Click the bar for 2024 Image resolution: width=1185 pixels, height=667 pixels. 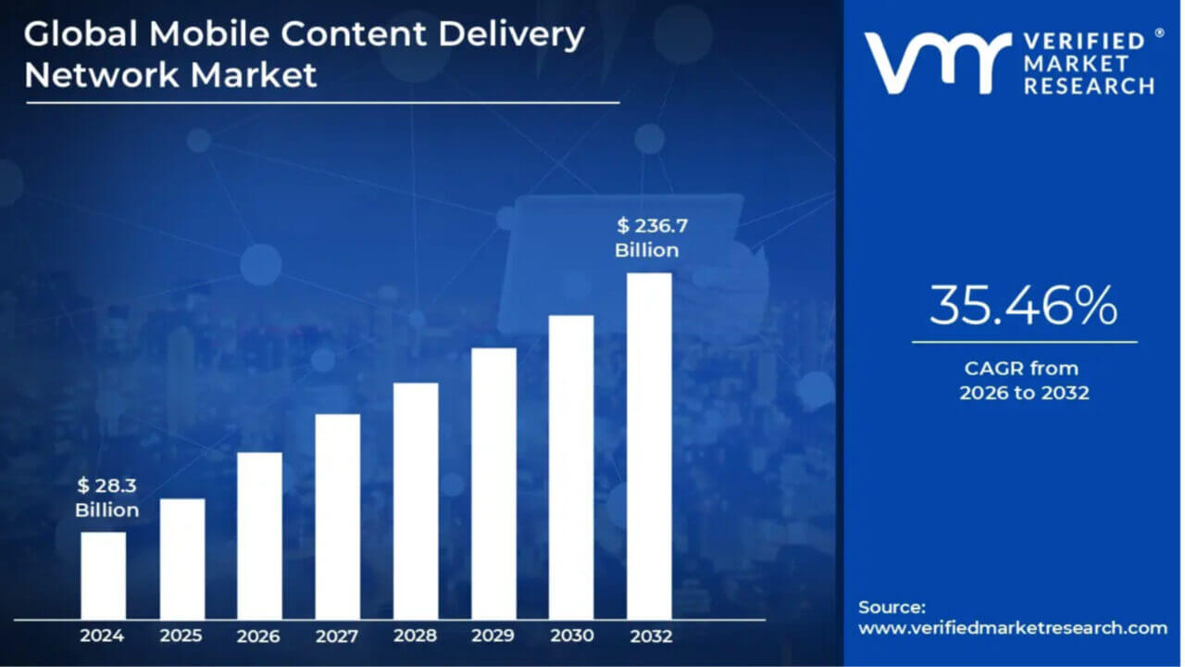coord(103,575)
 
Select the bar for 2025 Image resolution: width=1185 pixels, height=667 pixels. coord(181,559)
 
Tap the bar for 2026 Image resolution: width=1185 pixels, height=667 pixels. coord(259,535)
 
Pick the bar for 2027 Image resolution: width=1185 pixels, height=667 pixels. coord(337,516)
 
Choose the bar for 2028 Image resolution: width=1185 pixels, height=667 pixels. coord(416,500)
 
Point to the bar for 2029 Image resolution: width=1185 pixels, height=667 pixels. coord(493,484)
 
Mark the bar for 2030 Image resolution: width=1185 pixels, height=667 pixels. coord(571,467)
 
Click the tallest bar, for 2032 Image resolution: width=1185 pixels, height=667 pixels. coord(649,446)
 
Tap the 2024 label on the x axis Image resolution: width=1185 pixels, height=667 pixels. coord(103,636)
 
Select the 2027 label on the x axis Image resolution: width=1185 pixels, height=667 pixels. coord(337,636)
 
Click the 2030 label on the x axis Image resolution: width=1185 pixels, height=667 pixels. coord(571,636)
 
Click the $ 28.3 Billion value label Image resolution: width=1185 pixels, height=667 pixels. coord(107,498)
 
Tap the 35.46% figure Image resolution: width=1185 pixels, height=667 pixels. coord(1023,307)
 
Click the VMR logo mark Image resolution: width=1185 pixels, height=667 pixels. coord(936,63)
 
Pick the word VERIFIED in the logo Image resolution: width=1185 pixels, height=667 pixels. coord(1085,42)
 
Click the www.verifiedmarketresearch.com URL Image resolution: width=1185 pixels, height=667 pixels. coord(1013,628)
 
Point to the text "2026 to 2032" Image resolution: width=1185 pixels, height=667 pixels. coord(1024,393)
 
